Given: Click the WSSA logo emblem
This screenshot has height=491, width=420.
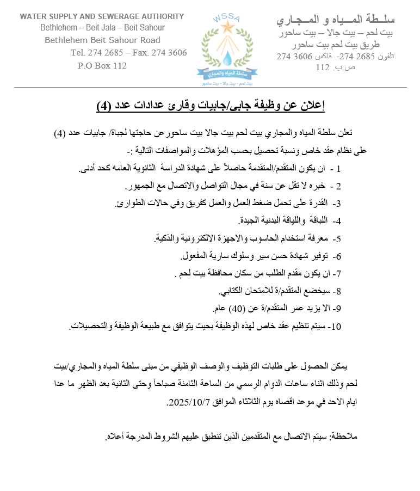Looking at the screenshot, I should (x=227, y=50).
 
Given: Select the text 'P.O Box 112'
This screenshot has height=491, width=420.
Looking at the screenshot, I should (x=102, y=66).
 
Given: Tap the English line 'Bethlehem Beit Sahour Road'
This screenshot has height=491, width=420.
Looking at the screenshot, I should (x=102, y=40).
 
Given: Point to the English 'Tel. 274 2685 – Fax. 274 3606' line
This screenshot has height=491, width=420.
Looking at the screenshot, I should (x=128, y=53).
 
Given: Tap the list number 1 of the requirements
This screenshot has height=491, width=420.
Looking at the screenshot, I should (x=339, y=169).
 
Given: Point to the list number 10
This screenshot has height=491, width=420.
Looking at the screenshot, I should (x=335, y=327).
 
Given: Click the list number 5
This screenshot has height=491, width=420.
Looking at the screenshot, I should (x=337, y=238).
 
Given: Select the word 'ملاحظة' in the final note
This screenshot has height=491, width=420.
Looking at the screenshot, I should (x=344, y=437).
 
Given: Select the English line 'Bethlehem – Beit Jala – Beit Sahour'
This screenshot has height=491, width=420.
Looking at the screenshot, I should (x=102, y=28).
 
